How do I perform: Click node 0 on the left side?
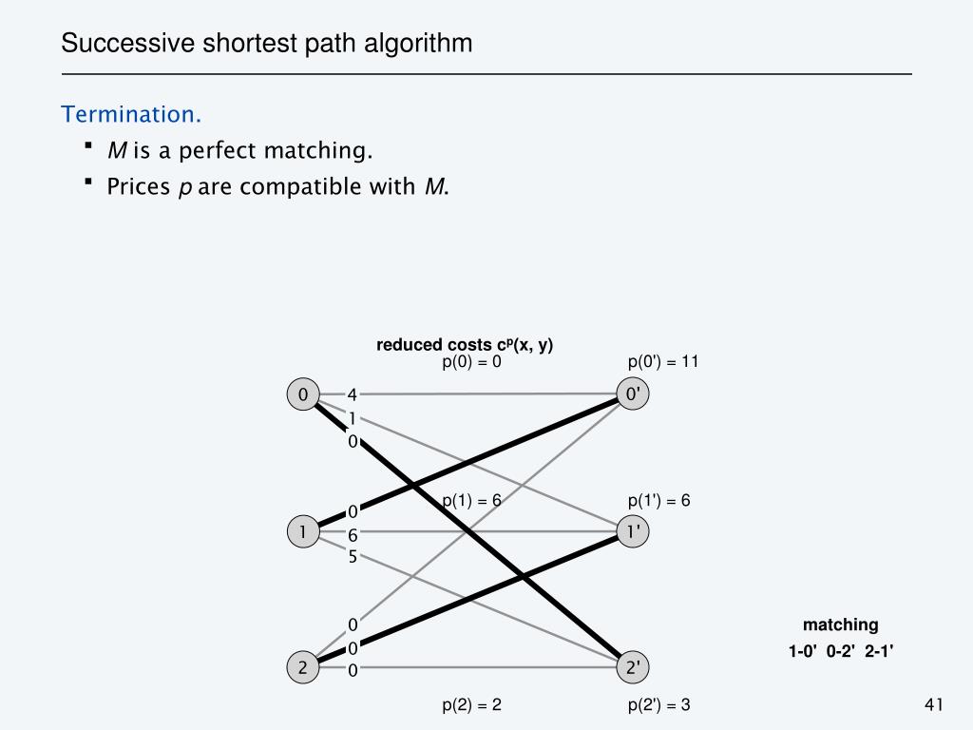point(302,394)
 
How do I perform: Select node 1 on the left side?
point(302,531)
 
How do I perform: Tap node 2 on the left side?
point(302,668)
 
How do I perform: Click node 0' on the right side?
point(632,394)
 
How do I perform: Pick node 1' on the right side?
point(632,531)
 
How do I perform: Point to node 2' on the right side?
point(632,668)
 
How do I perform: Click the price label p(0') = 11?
point(662,361)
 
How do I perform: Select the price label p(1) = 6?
point(471,501)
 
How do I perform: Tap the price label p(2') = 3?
point(658,704)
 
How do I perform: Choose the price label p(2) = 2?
point(471,704)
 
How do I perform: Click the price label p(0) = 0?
point(471,361)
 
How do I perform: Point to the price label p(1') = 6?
point(658,501)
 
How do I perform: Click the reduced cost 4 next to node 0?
point(352,394)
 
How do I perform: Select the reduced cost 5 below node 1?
point(352,557)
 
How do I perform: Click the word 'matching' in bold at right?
point(840,624)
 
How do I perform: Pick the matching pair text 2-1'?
point(879,651)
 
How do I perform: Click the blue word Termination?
point(131,114)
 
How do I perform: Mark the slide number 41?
point(932,704)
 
